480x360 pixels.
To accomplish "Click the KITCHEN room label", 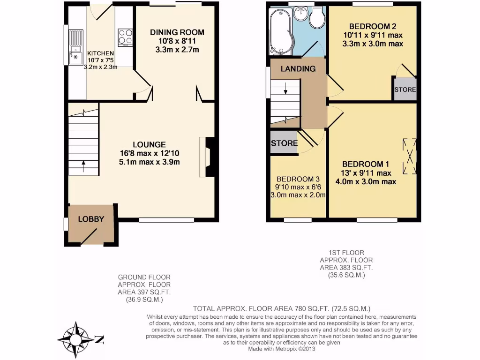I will tap(100, 53).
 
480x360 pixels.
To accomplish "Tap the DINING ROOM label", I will tap(177, 32).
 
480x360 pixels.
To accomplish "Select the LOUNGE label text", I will tap(149, 144).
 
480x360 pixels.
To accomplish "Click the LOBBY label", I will tap(91, 219).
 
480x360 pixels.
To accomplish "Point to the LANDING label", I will tap(298, 69).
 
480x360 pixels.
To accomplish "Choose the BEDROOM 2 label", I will tap(373, 26).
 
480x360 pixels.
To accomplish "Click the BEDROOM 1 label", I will tap(366, 164).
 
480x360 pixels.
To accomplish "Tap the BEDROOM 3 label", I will tap(298, 179).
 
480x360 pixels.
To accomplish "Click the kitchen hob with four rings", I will tap(125, 37).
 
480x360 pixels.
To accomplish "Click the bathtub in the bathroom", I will tap(280, 32).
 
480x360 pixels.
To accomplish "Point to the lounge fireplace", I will tap(208, 157).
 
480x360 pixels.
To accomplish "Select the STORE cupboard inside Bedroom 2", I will tap(405, 90).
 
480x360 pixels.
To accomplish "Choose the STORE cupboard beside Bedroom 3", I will tap(284, 143).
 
